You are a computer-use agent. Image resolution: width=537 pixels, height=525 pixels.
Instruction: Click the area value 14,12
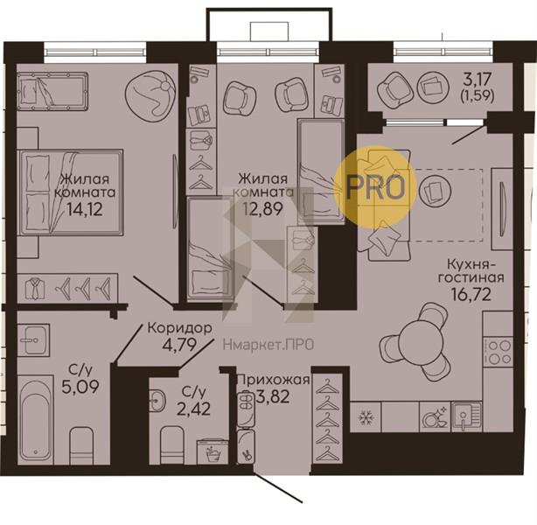point(85,209)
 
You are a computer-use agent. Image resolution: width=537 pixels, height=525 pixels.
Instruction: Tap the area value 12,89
point(263,208)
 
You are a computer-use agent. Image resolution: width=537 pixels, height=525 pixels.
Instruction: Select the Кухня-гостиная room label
point(471,270)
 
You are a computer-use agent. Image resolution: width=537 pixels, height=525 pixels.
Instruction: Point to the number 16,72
point(471,294)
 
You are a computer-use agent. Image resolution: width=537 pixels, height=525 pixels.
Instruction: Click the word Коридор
point(180,328)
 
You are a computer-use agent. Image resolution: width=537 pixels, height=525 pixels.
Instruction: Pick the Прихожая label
point(273,380)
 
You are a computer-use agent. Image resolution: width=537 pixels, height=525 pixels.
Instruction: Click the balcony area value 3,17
point(478,80)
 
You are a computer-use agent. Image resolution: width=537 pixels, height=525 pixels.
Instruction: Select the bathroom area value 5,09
point(80,386)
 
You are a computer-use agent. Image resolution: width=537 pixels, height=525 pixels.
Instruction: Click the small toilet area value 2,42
point(193,409)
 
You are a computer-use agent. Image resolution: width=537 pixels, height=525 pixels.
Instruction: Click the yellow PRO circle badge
point(375,187)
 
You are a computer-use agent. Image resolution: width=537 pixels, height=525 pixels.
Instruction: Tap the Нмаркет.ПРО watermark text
point(268,345)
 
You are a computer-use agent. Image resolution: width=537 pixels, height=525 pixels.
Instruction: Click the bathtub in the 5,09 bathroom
point(35,420)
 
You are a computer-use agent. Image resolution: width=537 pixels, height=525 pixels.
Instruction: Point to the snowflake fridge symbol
point(366,417)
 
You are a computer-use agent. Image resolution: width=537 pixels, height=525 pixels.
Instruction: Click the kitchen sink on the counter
point(467,416)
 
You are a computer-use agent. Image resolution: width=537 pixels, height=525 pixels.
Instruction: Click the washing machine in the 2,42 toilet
point(213,452)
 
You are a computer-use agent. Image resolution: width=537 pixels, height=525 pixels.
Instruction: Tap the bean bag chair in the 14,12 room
point(150,95)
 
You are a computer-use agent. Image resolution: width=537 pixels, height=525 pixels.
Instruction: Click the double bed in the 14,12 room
point(71,192)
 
